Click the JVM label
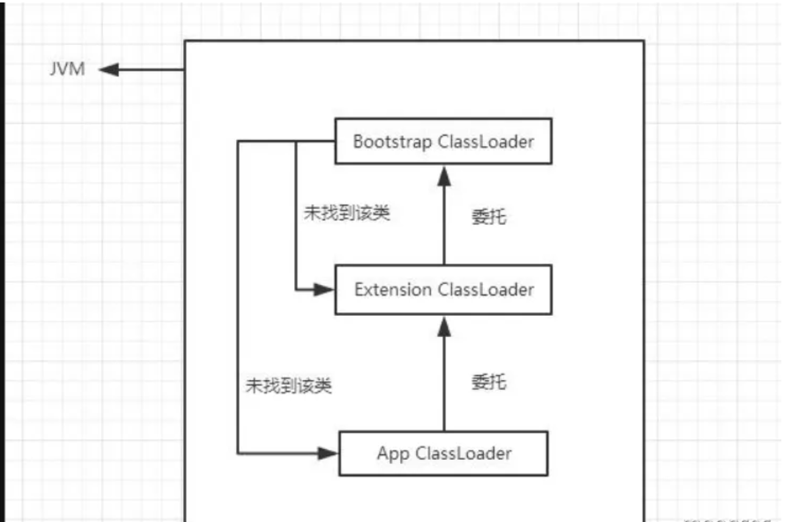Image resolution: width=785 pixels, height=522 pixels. (67, 70)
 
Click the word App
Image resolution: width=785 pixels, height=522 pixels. (393, 453)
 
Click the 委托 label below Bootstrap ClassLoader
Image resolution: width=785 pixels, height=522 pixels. (489, 216)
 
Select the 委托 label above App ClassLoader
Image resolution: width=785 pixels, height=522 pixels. (489, 382)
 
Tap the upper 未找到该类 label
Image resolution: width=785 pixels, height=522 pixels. (346, 214)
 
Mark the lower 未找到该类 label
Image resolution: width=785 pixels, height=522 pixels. (289, 385)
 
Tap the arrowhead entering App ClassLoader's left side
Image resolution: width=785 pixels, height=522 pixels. (328, 453)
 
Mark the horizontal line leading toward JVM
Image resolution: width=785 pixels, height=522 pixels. (152, 70)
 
